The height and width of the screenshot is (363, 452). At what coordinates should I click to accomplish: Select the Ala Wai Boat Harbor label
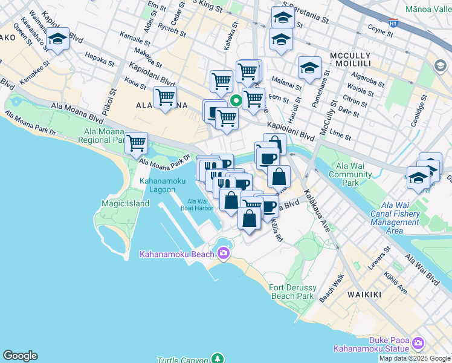pyautogui.click(x=197, y=204)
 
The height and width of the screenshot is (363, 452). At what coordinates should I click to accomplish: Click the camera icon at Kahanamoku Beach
pyautogui.click(x=224, y=252)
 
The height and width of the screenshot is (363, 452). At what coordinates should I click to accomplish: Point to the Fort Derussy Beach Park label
pyautogui.click(x=292, y=292)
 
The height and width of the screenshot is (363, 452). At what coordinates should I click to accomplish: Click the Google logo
pyautogui.click(x=20, y=356)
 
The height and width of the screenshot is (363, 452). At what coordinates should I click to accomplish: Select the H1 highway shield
pyautogui.click(x=393, y=23)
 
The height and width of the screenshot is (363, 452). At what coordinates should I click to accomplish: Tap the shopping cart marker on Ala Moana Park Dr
pyautogui.click(x=137, y=143)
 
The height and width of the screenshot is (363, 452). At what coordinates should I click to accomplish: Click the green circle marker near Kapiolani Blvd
pyautogui.click(x=237, y=100)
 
